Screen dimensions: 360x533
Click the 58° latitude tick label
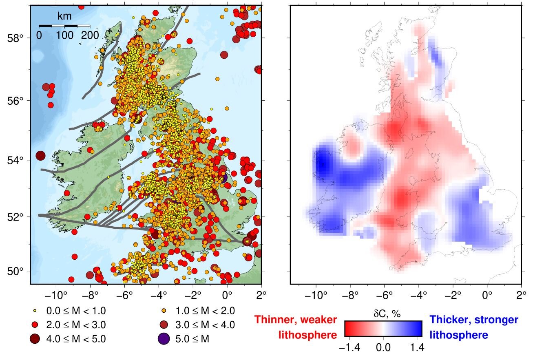point(15,38)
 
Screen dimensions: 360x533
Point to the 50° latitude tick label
point(15,272)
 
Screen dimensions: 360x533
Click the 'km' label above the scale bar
point(64,16)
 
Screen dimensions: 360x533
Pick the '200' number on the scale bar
point(90,35)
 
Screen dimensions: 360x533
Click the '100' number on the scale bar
point(65,35)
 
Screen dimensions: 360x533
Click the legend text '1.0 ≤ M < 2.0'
point(205,311)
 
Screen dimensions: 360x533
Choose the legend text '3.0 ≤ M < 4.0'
point(205,325)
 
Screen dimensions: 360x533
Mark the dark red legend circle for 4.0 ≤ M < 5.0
point(35,338)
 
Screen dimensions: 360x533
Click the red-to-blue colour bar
point(383,329)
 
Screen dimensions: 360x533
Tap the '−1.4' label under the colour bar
point(347,347)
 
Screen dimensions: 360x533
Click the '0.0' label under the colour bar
point(383,347)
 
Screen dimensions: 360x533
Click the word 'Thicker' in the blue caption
point(449,320)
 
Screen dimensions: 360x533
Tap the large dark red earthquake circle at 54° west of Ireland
point(40,155)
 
